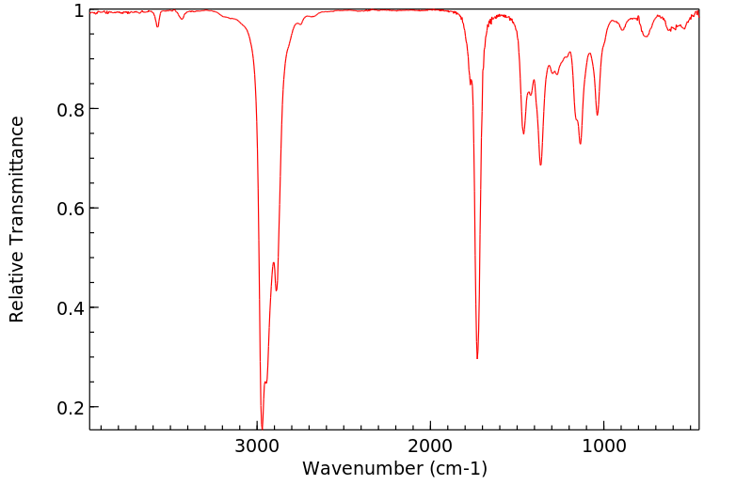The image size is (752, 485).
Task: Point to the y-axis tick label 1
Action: coord(78,10)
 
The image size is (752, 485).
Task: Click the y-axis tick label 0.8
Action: coord(70,109)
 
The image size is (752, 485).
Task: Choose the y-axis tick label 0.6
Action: coord(70,209)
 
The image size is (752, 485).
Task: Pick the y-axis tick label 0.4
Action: coord(70,308)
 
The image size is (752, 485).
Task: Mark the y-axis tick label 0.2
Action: coord(70,408)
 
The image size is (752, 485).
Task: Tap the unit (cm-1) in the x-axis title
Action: coord(457,468)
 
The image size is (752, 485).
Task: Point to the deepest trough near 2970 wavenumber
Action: coord(262,426)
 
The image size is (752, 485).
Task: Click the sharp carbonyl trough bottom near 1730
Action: coord(477,358)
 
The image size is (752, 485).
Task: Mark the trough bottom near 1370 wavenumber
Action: coord(540,164)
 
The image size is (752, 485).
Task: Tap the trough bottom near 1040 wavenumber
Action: coord(597,116)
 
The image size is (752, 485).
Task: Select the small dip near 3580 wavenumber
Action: coord(157,26)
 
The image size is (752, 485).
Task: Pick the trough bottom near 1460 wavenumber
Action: coord(524,133)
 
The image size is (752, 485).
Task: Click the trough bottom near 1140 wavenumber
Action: coord(580,144)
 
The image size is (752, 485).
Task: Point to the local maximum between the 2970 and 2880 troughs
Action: coord(273,263)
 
